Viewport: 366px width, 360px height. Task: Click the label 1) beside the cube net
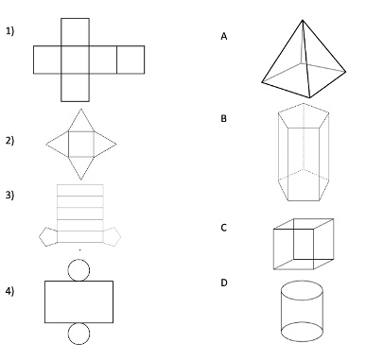point(9,31)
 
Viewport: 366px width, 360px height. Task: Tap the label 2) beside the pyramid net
point(9,140)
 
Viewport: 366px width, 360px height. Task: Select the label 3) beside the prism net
point(9,195)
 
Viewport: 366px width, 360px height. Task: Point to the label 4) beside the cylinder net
point(9,291)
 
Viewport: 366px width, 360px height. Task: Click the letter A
point(224,37)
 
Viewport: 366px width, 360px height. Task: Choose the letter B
point(223,118)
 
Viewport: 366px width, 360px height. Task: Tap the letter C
point(223,228)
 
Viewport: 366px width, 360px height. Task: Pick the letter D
point(224,283)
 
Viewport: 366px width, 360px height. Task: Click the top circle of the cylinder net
point(78,260)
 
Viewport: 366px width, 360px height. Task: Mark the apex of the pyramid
point(303,21)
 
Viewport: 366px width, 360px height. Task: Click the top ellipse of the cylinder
point(302,282)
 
